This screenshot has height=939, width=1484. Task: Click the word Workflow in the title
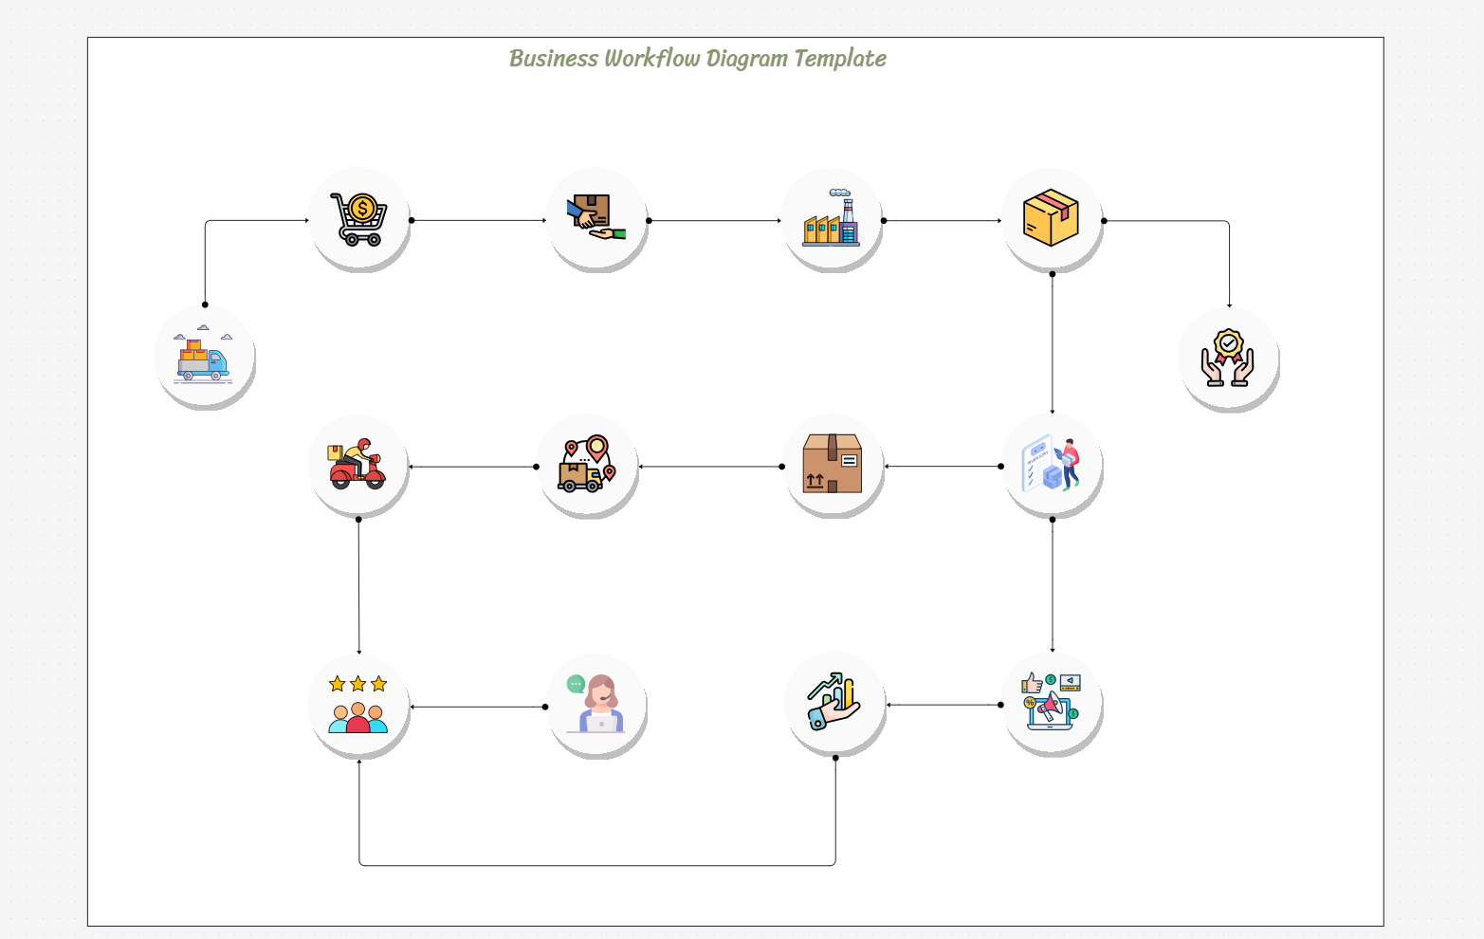pyautogui.click(x=651, y=59)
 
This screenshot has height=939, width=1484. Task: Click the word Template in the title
pyautogui.click(x=839, y=59)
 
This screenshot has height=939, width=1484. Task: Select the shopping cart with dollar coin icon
pyautogui.click(x=358, y=219)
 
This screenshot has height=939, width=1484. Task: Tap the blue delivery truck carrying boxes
pyautogui.click(x=203, y=358)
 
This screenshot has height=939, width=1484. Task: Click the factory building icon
pyautogui.click(x=832, y=219)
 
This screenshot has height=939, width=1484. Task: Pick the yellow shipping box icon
pyautogui.click(x=1051, y=218)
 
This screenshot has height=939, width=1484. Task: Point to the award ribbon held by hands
pyautogui.click(x=1228, y=358)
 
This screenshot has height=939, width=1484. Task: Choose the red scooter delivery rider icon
pyautogui.click(x=357, y=465)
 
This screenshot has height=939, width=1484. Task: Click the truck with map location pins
pyautogui.click(x=587, y=465)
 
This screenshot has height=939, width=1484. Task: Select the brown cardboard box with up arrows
pyautogui.click(x=832, y=465)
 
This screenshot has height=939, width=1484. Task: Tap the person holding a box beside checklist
pyautogui.click(x=1052, y=465)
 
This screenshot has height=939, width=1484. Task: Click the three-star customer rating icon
pyautogui.click(x=357, y=705)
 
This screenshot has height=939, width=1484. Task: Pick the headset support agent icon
pyautogui.click(x=596, y=705)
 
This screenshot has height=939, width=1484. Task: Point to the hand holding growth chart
pyautogui.click(x=834, y=703)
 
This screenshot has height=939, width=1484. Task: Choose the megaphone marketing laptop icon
pyautogui.click(x=1051, y=703)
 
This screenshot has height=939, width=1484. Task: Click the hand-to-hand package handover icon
pyautogui.click(x=595, y=219)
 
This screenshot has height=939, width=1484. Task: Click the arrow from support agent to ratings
pyautogui.click(x=478, y=707)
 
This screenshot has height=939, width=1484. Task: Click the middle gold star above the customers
pyautogui.click(x=357, y=684)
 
